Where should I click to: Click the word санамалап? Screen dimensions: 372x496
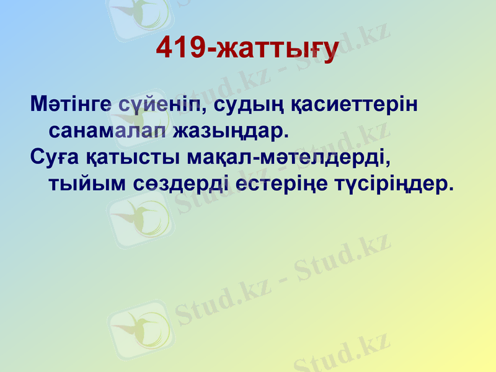[x=106, y=131]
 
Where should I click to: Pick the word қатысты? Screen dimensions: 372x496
[x=130, y=158]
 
